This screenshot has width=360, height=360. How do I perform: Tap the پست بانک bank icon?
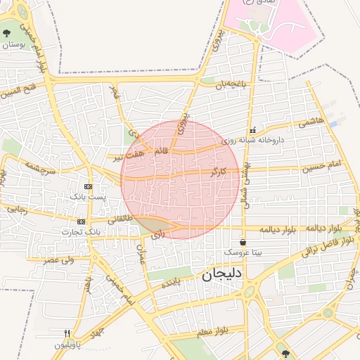[x=88, y=186]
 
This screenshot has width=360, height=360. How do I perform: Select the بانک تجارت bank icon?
[x=82, y=221]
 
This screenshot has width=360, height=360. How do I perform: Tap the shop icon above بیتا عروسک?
[x=243, y=242]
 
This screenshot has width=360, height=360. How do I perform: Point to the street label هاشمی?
[x=311, y=122]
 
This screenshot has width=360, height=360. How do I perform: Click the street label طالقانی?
[x=119, y=219]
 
